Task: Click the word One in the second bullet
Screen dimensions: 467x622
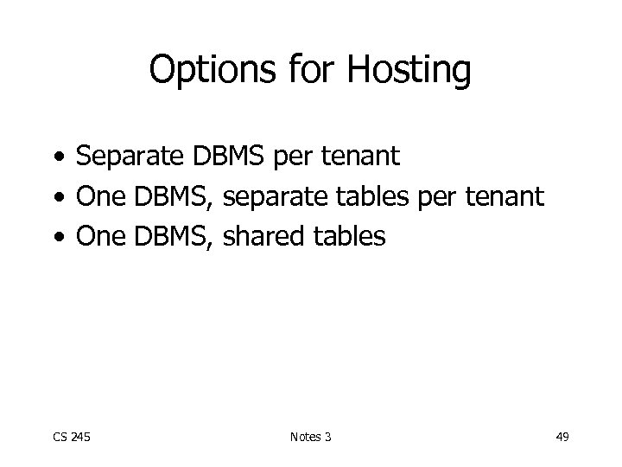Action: (101, 198)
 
